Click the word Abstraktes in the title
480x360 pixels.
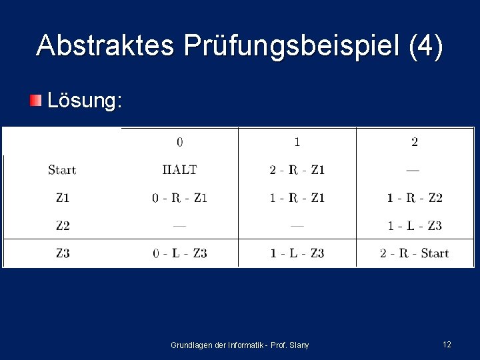coord(105,46)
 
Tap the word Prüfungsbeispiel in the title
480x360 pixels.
coord(291,46)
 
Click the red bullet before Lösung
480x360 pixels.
coord(35,101)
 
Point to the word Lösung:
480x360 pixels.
coord(85,101)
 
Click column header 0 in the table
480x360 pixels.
coord(180,142)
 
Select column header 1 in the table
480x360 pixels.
coord(297,142)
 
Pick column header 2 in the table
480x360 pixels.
coord(415,142)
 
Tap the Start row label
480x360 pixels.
coord(62,170)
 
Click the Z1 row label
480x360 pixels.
coord(62,198)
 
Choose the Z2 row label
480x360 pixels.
coord(62,226)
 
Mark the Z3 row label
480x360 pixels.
coord(62,253)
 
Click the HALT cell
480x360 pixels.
coord(180,170)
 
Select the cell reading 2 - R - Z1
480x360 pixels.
coord(297,170)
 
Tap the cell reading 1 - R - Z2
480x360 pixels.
coord(415,198)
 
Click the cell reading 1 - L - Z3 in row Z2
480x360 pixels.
coord(415,226)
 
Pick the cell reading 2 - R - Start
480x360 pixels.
coord(415,253)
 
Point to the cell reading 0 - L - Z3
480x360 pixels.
coord(180,253)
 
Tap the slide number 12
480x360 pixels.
coord(447,345)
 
